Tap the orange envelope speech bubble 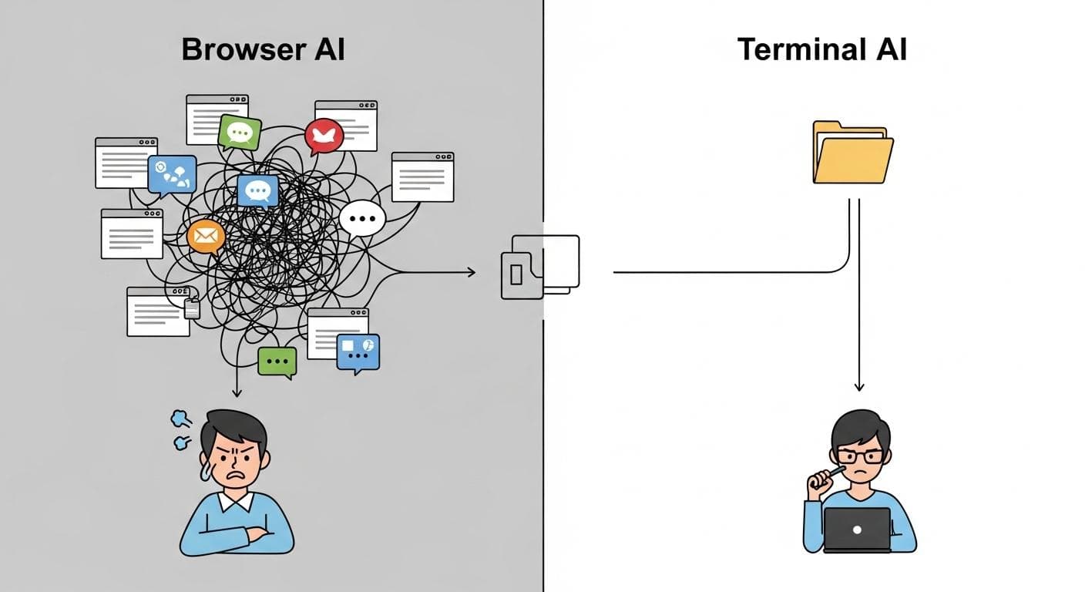(x=206, y=236)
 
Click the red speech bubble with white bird (x=324, y=136)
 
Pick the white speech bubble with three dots (x=361, y=219)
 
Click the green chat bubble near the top (x=240, y=133)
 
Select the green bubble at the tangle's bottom (x=277, y=361)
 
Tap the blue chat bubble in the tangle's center (x=257, y=190)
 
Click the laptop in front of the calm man (x=856, y=530)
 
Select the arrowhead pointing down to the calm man (x=859, y=386)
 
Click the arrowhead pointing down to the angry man (x=237, y=393)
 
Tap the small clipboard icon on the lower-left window (x=192, y=308)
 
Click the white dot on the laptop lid (x=856, y=530)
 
